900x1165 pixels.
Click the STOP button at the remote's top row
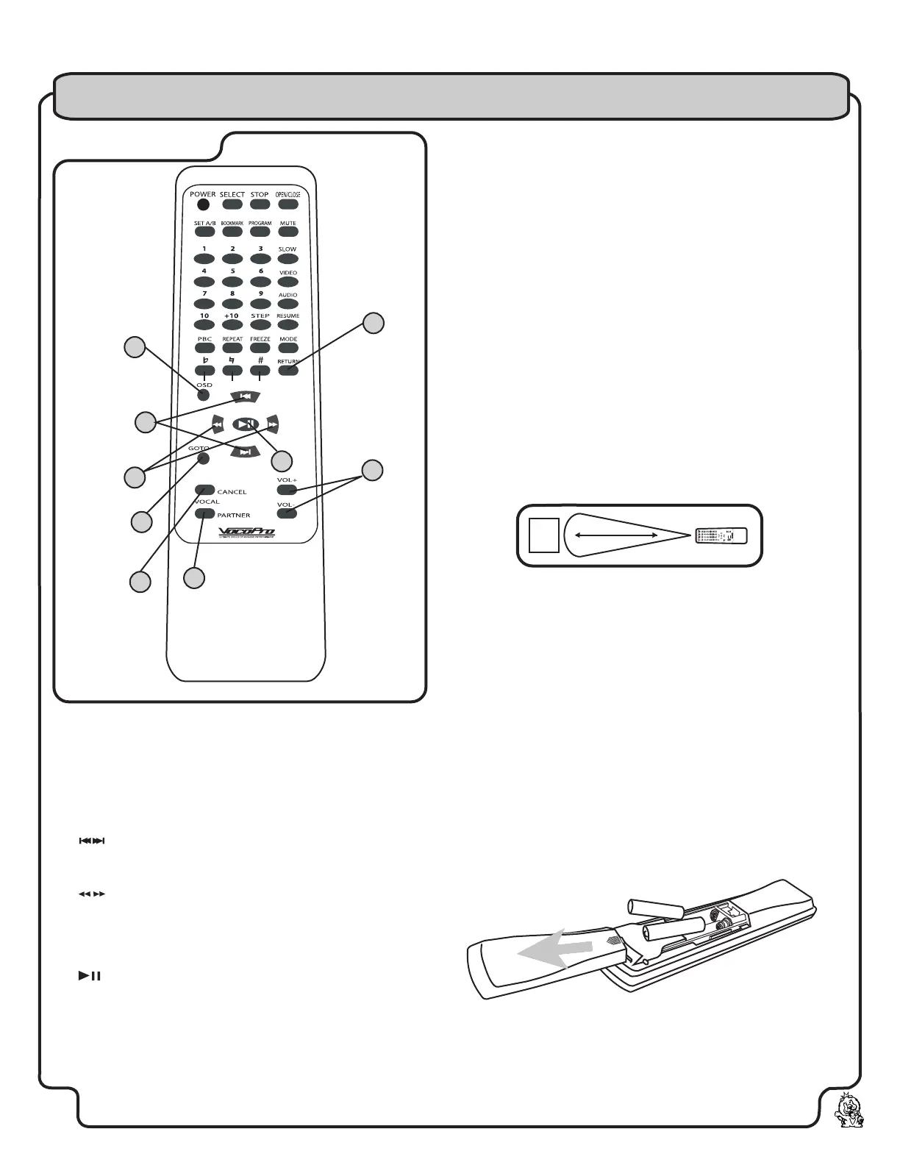260,204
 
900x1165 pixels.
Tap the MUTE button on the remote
288,232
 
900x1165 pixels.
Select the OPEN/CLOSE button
288,204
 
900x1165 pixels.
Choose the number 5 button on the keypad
232,282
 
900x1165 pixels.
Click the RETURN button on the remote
288,370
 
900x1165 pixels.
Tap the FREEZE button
260,348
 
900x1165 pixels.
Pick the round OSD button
204,396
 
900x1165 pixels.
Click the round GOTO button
204,459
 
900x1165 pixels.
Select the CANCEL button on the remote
205,490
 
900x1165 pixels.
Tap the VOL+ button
287,489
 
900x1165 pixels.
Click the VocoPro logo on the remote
246,532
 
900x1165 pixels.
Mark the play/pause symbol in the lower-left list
89,976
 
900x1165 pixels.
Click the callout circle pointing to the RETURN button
374,323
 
